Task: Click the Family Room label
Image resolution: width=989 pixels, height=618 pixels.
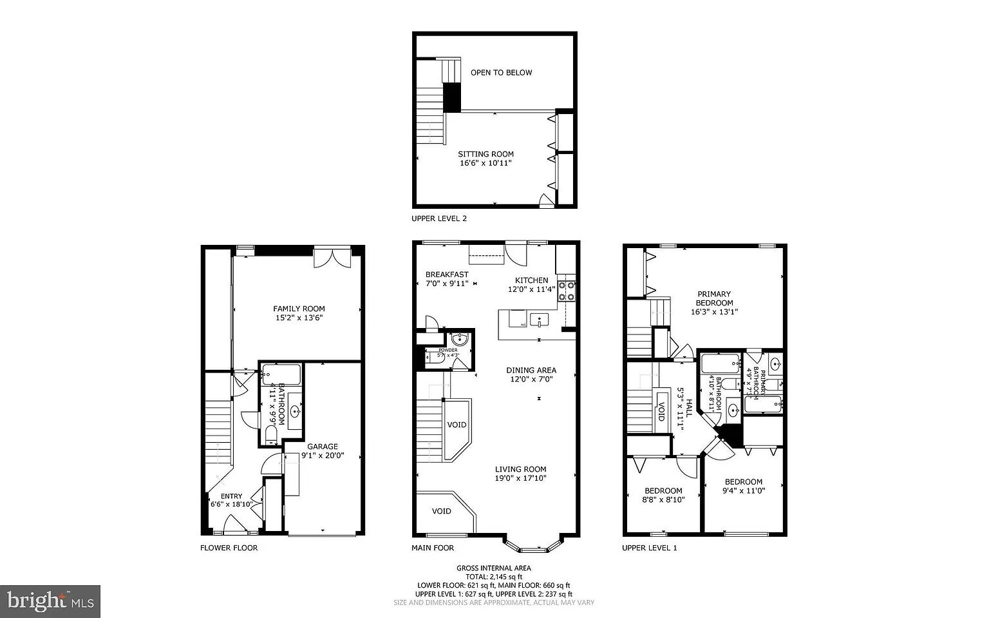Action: pos(299,309)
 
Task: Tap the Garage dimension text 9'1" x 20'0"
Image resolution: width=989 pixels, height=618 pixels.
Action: pos(323,456)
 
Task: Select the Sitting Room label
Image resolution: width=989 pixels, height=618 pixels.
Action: pos(485,154)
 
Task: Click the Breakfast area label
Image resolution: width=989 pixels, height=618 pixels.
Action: pos(447,275)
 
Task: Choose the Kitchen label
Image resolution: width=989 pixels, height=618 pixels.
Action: pos(531,280)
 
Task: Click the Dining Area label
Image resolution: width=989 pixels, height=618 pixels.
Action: pos(531,371)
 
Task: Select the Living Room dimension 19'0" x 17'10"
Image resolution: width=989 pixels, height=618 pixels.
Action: pos(520,478)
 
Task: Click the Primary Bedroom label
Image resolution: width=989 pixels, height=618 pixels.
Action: pos(714,298)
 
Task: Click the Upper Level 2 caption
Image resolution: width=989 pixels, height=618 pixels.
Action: pos(439,218)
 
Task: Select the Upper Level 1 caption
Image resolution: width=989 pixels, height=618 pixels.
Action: pos(649,548)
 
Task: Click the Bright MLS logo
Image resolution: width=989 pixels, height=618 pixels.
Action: pos(50,601)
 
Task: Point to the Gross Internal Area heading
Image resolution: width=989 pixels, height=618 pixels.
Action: pos(494,568)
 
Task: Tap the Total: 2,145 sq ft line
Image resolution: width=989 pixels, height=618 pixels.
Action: pos(494,577)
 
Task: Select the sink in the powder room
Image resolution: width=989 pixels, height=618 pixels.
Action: pos(459,340)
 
